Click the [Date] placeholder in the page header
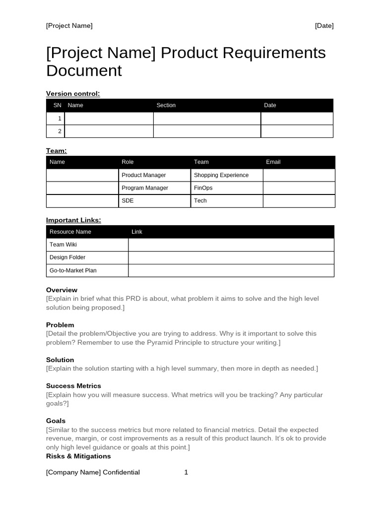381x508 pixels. (x=324, y=26)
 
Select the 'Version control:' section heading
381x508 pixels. (x=73, y=93)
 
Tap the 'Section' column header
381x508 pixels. (x=166, y=105)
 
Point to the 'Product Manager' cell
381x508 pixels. (x=144, y=175)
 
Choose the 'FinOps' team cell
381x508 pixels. (x=203, y=188)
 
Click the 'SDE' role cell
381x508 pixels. (x=127, y=200)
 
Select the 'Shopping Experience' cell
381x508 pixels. (x=221, y=175)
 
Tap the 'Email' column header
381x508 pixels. (x=273, y=162)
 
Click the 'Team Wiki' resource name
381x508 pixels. (x=63, y=245)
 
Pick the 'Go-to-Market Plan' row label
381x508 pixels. (x=73, y=270)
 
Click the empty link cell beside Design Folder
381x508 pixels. (x=231, y=257)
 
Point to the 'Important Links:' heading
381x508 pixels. (x=73, y=220)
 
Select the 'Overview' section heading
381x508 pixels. (x=62, y=290)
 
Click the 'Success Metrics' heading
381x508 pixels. (x=73, y=385)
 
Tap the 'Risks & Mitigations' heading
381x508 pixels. (x=78, y=456)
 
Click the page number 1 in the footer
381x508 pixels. (x=186, y=472)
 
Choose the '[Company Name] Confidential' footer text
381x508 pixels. (x=93, y=472)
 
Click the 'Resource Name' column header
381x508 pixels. (x=70, y=232)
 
